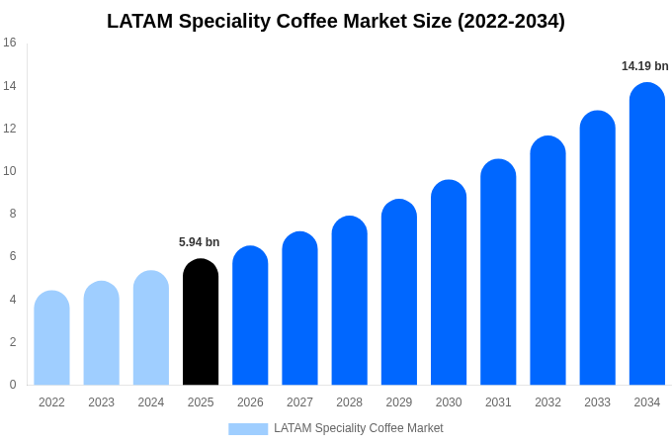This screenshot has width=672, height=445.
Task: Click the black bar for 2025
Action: pos(201,322)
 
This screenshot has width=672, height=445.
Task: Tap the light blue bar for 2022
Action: pos(51,338)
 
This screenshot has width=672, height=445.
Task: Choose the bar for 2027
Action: pos(299,309)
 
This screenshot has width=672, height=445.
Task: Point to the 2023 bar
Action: pos(101,333)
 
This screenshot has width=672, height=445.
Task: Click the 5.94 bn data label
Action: pos(200,242)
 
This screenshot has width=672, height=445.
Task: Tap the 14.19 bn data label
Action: pos(644,66)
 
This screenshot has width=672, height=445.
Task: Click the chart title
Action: pos(336,21)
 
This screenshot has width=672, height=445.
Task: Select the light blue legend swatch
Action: pos(248,429)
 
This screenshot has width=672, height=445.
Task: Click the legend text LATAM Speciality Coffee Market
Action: pos(358,428)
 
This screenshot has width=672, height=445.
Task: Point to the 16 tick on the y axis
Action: pos(10,43)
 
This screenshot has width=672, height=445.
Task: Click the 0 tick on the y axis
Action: pos(13,385)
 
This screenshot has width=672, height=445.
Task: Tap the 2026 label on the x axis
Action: pos(250,402)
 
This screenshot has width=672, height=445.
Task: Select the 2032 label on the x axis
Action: pos(547,402)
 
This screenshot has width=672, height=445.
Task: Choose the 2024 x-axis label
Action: pos(151,402)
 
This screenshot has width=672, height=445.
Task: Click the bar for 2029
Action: pos(399,293)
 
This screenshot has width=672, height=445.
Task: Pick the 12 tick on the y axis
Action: pos(10,129)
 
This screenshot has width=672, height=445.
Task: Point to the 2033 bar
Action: pos(597,248)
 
